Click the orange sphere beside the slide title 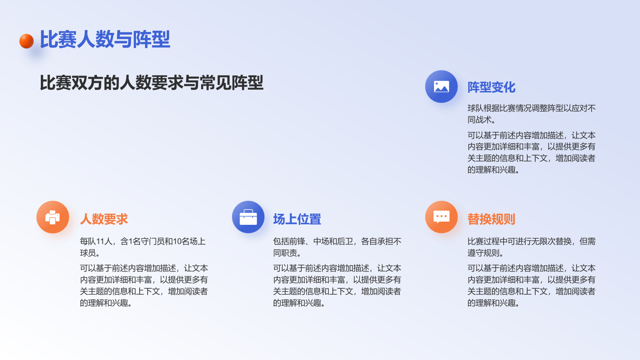(x=26, y=41)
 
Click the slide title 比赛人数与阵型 (x=105, y=40)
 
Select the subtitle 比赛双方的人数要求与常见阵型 (x=151, y=83)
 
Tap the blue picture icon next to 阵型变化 (x=441, y=86)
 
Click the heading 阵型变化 (x=491, y=87)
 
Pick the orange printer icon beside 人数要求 (x=52, y=217)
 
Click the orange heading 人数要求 (x=104, y=219)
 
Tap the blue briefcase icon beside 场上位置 (x=248, y=217)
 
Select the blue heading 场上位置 (x=297, y=219)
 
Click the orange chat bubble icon (x=441, y=217)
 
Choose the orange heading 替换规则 (x=491, y=219)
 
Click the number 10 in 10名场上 (x=177, y=241)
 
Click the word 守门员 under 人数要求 (x=152, y=241)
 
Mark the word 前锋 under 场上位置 (x=297, y=241)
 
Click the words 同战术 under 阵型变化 (x=480, y=120)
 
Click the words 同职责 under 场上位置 (x=285, y=253)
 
